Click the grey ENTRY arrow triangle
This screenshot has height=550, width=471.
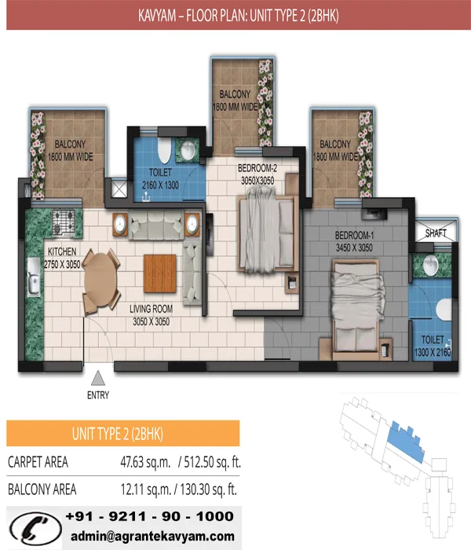pyautogui.click(x=98, y=378)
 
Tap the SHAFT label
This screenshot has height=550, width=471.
pyautogui.click(x=436, y=233)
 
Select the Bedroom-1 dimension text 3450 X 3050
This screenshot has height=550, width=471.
pyautogui.click(x=354, y=248)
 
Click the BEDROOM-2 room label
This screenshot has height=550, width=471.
pyautogui.click(x=257, y=168)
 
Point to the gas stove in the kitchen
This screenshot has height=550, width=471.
pyautogui.click(x=64, y=222)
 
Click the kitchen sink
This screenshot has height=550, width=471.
pyautogui.click(x=34, y=277)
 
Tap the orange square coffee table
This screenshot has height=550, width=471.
pyautogui.click(x=160, y=273)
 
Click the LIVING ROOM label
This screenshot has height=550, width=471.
pyautogui.click(x=151, y=309)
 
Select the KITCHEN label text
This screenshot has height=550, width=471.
pyautogui.click(x=62, y=251)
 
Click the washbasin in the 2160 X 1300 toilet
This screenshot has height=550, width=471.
pyautogui.click(x=188, y=150)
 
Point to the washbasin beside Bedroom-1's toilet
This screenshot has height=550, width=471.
pyautogui.click(x=431, y=265)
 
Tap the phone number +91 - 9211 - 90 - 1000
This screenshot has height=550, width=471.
pyautogui.click(x=150, y=516)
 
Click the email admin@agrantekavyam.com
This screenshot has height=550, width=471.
pyautogui.click(x=152, y=536)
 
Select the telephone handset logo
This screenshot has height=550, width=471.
pyautogui.click(x=35, y=528)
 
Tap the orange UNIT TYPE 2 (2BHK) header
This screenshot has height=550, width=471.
pyautogui.click(x=123, y=434)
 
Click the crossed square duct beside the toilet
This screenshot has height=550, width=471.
pyautogui.click(x=119, y=189)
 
